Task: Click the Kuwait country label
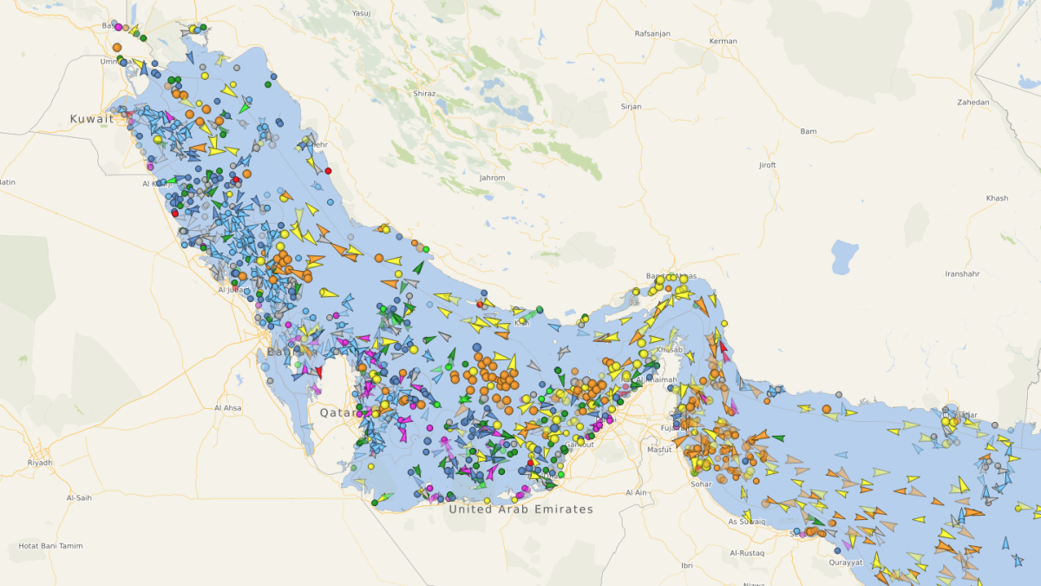pos(92,119)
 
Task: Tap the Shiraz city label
pos(424,93)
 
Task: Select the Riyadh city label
pos(40,463)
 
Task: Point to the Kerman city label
pos(723,41)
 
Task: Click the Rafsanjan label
pos(653,34)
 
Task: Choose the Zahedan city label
pos(972,102)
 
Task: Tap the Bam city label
pos(809,131)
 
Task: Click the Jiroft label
pos(767,165)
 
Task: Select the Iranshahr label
pos(962,273)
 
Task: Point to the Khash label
pos(997,198)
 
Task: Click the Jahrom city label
pos(492,178)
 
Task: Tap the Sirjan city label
pos(631,106)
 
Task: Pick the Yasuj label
pos(361,14)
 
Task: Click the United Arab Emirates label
pos(520,510)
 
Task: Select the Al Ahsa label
pos(228,407)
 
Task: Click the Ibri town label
pos(687,565)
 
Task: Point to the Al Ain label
pos(637,492)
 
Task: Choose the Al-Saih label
pos(79,497)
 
